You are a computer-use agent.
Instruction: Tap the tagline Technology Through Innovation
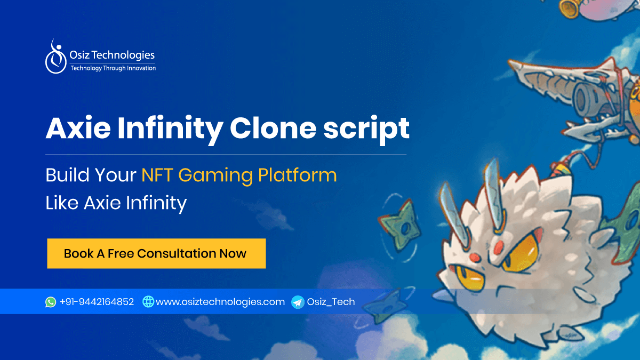[113, 68]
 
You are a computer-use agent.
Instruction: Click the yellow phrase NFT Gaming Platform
[239, 175]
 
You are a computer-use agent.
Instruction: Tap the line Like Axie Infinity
[116, 203]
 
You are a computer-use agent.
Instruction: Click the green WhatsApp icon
[51, 302]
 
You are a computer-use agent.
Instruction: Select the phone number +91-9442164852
[97, 302]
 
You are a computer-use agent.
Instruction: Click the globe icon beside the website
[148, 302]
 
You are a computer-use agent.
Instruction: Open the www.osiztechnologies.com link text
[220, 302]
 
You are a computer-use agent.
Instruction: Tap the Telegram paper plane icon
[298, 302]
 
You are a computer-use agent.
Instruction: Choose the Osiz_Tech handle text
[331, 302]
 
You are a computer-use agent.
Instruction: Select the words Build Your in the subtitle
[91, 175]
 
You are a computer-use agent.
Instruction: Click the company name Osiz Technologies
[113, 55]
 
